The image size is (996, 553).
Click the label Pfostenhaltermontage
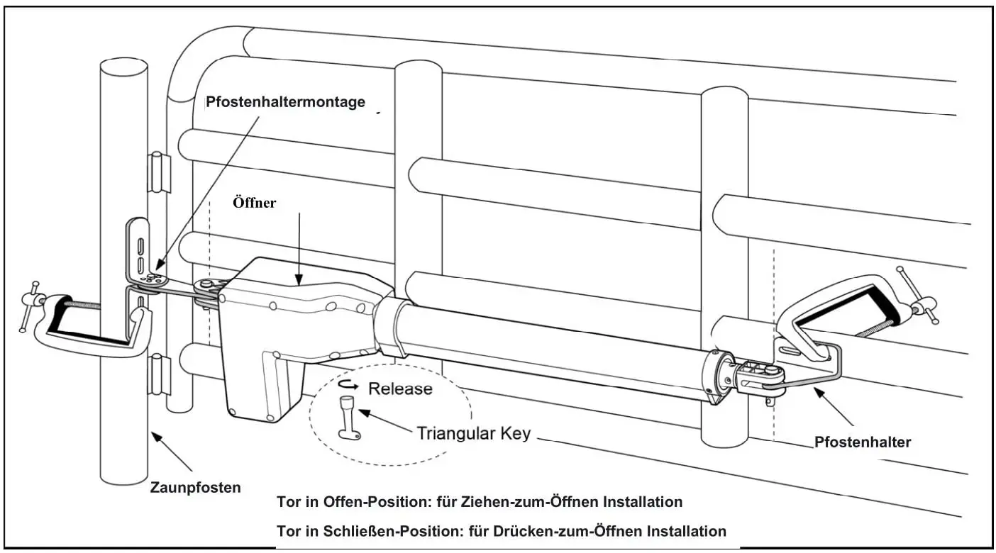pos(285,102)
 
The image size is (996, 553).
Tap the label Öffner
pos(254,203)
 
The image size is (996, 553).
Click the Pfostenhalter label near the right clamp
pos(862,442)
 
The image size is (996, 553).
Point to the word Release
pos(400,389)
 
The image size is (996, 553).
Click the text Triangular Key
pos(473,433)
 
